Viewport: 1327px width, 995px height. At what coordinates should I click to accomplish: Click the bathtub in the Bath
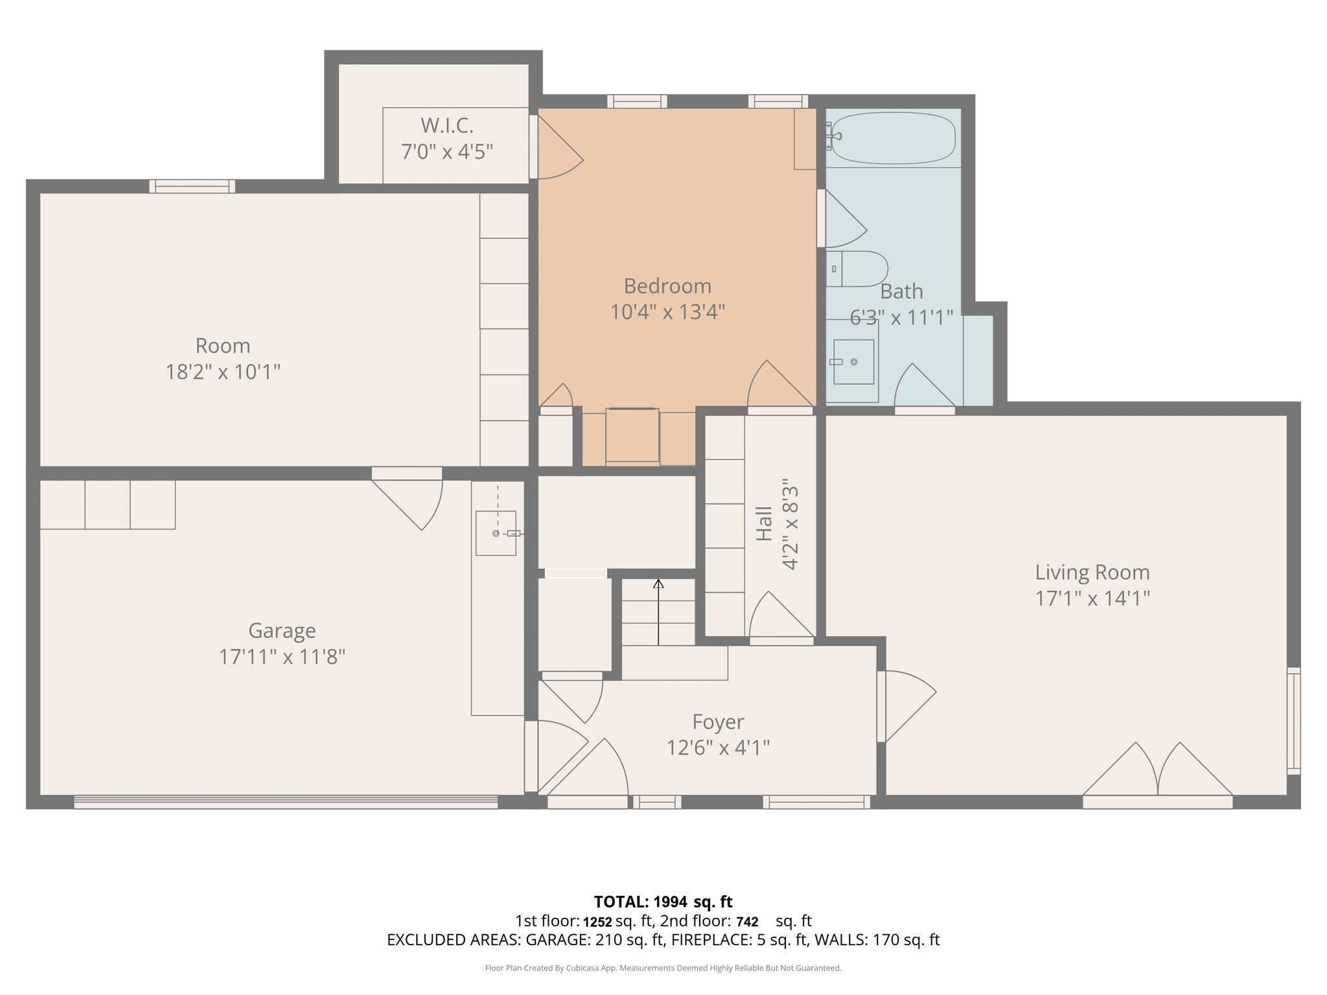(893, 138)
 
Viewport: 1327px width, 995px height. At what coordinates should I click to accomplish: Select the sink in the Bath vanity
(853, 361)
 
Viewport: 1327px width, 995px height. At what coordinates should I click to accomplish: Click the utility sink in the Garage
(496, 533)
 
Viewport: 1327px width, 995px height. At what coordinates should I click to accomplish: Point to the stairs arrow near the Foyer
(658, 612)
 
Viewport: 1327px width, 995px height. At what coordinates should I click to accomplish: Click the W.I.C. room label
(447, 124)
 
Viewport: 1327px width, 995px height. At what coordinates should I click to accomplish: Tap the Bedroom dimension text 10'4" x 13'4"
(667, 312)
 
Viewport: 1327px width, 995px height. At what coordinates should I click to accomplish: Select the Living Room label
(1092, 572)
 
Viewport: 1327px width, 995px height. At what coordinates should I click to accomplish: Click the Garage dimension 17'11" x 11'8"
(282, 657)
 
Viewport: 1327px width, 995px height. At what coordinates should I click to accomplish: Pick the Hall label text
(765, 523)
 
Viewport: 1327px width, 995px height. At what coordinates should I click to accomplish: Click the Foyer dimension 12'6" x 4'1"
(718, 748)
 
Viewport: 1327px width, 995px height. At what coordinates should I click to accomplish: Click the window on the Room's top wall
(192, 187)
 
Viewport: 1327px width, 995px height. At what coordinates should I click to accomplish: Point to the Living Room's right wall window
(1293, 720)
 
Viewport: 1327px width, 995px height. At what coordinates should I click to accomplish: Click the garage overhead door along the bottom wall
(285, 802)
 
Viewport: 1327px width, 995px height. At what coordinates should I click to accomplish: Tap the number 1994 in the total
(670, 902)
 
